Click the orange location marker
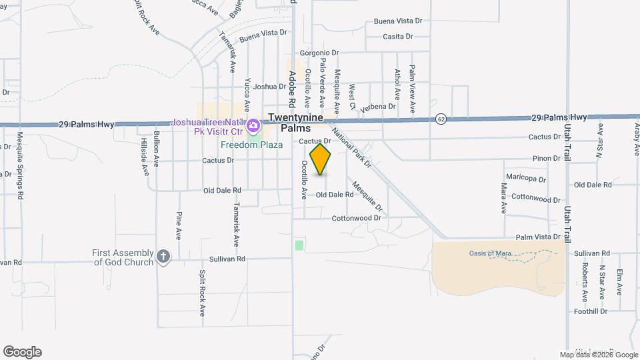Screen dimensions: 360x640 (321, 159)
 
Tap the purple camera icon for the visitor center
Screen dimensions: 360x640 (253, 125)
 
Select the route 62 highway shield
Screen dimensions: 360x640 (441, 119)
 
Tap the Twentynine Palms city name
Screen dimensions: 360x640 (295, 123)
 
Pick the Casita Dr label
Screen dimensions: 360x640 (401, 36)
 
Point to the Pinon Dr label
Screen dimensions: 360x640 (546, 158)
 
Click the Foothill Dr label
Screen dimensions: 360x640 (591, 311)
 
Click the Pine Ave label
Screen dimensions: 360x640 (179, 225)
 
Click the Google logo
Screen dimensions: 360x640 (22, 352)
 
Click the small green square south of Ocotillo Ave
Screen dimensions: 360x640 (299, 245)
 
